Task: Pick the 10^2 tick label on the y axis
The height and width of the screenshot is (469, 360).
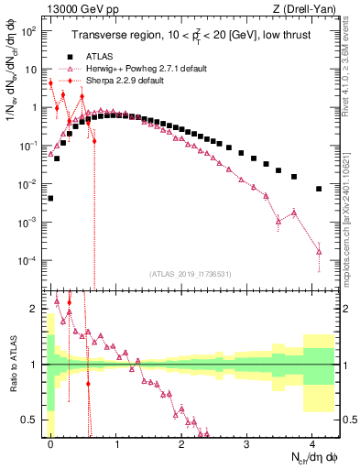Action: [29, 29]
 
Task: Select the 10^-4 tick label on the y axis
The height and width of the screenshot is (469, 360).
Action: [29, 261]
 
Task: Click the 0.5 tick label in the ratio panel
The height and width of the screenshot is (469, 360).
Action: [31, 420]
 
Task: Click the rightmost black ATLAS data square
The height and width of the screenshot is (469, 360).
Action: [319, 189]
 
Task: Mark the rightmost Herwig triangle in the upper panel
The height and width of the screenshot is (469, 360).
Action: [319, 251]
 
